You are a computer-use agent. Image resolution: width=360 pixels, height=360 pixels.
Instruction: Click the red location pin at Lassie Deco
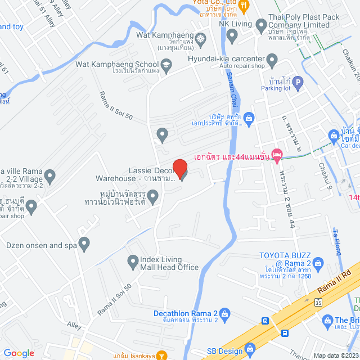(x=179, y=168)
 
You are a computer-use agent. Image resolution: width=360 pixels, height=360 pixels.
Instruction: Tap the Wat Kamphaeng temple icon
(x=201, y=39)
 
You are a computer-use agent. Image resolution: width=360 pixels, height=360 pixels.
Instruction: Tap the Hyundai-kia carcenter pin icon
(x=272, y=60)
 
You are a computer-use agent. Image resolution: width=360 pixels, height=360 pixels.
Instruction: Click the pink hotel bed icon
(x=276, y=154)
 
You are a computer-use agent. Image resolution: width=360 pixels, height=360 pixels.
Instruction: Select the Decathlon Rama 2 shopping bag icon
(x=224, y=313)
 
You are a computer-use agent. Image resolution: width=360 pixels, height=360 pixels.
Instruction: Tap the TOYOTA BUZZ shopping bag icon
(x=318, y=263)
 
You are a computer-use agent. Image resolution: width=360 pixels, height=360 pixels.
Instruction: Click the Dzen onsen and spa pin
(x=84, y=245)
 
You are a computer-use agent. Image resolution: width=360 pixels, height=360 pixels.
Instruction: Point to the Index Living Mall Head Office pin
(x=133, y=261)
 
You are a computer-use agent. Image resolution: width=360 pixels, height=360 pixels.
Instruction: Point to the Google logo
(x=19, y=353)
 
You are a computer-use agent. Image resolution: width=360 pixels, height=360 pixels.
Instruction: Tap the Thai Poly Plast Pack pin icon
(x=261, y=25)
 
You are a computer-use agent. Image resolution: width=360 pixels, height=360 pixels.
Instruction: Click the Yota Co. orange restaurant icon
(x=244, y=7)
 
